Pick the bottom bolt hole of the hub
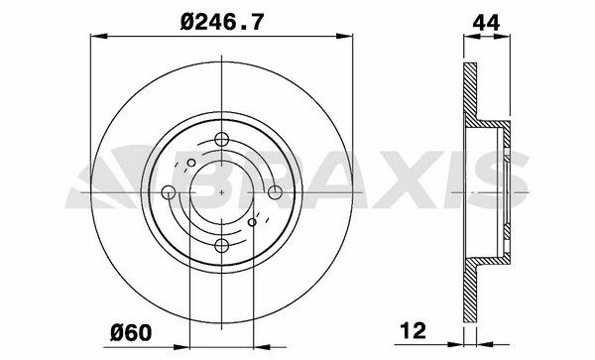[220, 244]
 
